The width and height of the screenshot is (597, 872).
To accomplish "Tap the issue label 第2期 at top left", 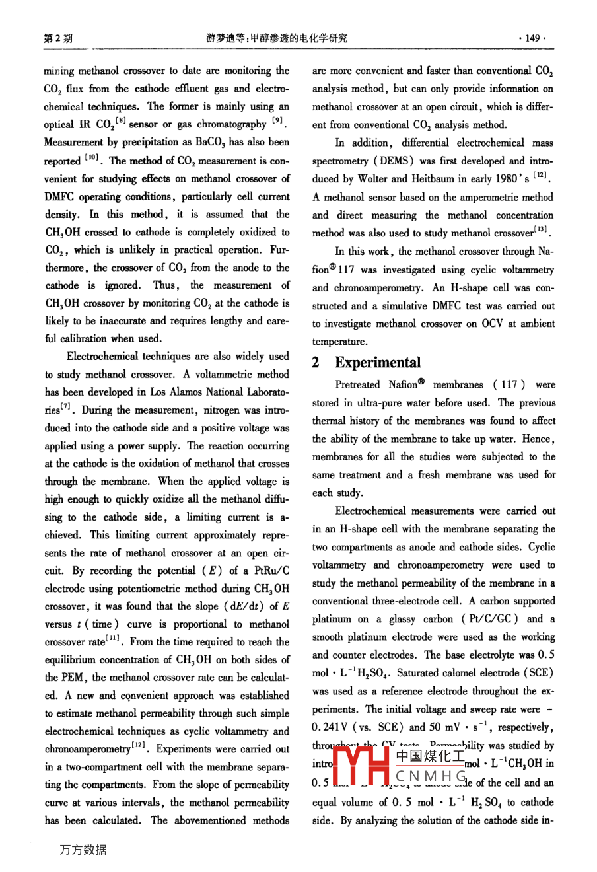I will pyautogui.click(x=58, y=38).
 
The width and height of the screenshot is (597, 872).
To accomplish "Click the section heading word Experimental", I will pyautogui.click(x=377, y=363).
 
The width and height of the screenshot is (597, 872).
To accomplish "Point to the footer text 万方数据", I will pyautogui.click(x=83, y=850).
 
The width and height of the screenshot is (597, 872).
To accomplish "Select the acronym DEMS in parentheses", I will pyautogui.click(x=413, y=161).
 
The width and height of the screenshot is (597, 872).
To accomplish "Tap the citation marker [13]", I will pyautogui.click(x=543, y=231).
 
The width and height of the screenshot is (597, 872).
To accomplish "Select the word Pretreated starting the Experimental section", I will pyautogui.click(x=357, y=384).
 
